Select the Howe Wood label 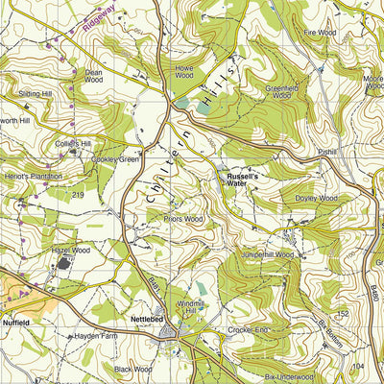click(x=184, y=71)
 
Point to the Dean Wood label click(x=93, y=75)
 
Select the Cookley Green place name click(x=117, y=159)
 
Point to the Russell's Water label click(x=243, y=180)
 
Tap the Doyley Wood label click(x=317, y=198)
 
